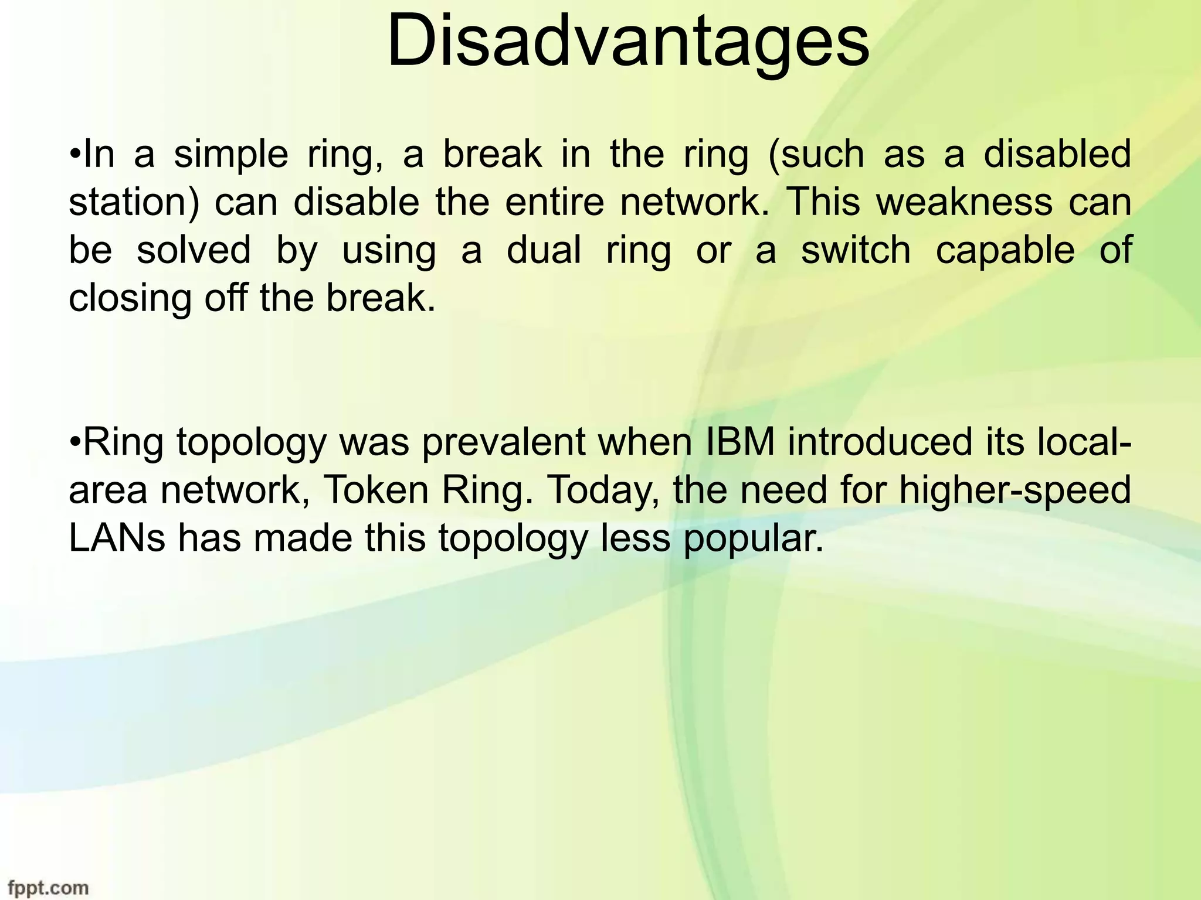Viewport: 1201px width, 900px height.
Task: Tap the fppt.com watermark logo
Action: click(45, 888)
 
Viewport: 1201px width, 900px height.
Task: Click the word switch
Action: click(856, 250)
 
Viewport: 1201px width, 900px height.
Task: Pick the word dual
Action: click(544, 250)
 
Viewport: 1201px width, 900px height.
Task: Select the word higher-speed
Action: click(1015, 490)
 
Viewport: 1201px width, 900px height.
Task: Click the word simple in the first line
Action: click(230, 155)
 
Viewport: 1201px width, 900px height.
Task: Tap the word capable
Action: click(1005, 251)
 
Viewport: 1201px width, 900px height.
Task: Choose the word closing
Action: click(130, 299)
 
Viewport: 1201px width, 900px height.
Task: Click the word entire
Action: click(554, 202)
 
